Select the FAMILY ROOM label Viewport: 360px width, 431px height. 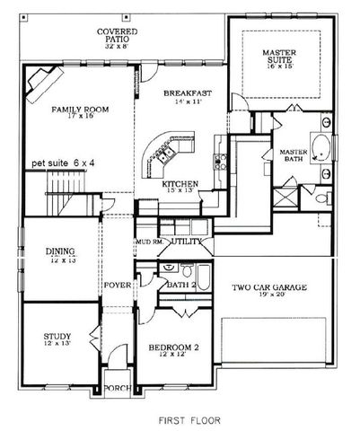[x=79, y=110]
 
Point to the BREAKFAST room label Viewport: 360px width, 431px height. [x=187, y=92]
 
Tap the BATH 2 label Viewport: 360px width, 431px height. [x=180, y=286]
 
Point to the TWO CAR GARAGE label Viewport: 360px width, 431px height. [x=269, y=287]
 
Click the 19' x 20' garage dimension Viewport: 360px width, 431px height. [x=269, y=296]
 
